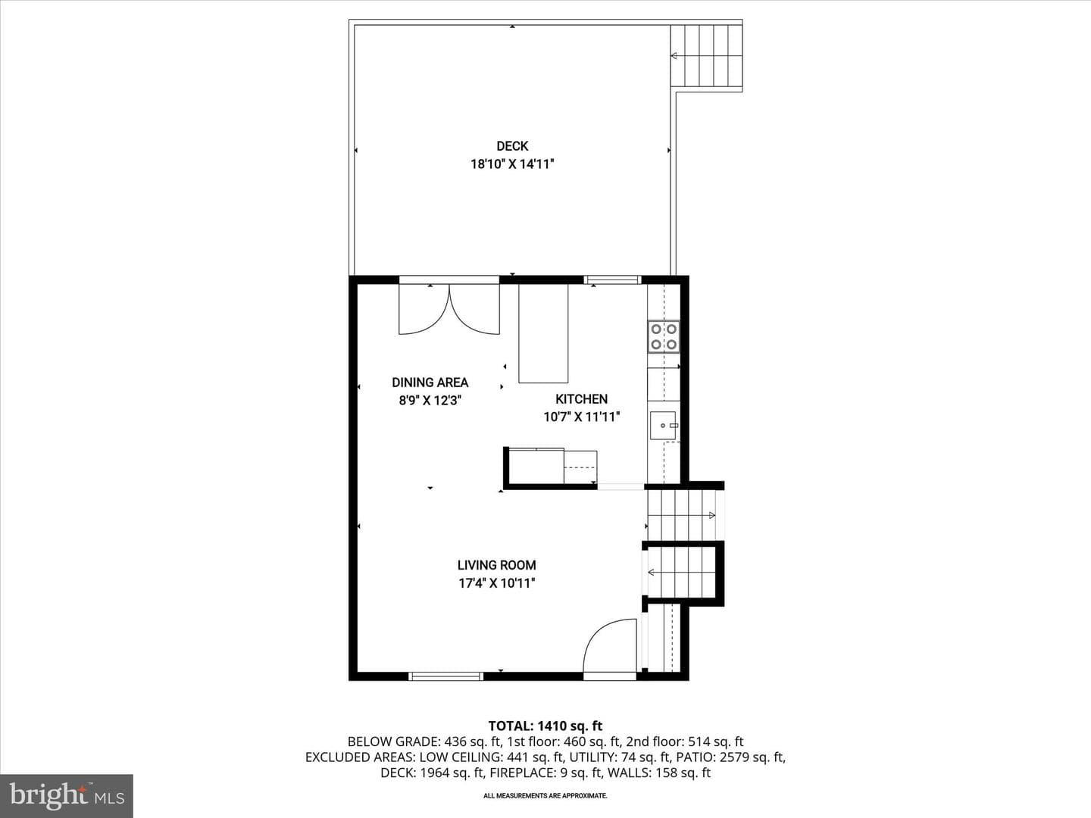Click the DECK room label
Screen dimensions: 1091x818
[512, 146]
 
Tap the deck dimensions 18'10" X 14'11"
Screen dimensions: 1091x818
[512, 164]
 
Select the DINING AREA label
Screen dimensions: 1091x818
[430, 382]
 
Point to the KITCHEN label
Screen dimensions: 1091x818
[581, 399]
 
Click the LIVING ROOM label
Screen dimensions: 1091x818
[496, 565]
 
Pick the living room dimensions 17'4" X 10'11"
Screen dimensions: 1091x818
[496, 582]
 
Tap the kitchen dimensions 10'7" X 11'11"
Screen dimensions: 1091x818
[581, 417]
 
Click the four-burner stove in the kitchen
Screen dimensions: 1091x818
[664, 337]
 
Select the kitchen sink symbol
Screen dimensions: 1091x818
[663, 426]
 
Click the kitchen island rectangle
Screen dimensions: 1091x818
[543, 333]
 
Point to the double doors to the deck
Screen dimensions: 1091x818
[449, 308]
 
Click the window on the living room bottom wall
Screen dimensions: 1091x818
[445, 676]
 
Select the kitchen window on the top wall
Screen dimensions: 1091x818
[612, 280]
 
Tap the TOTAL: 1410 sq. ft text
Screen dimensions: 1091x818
[545, 726]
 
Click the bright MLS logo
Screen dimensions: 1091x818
[67, 795]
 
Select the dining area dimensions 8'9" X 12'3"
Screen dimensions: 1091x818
[430, 401]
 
